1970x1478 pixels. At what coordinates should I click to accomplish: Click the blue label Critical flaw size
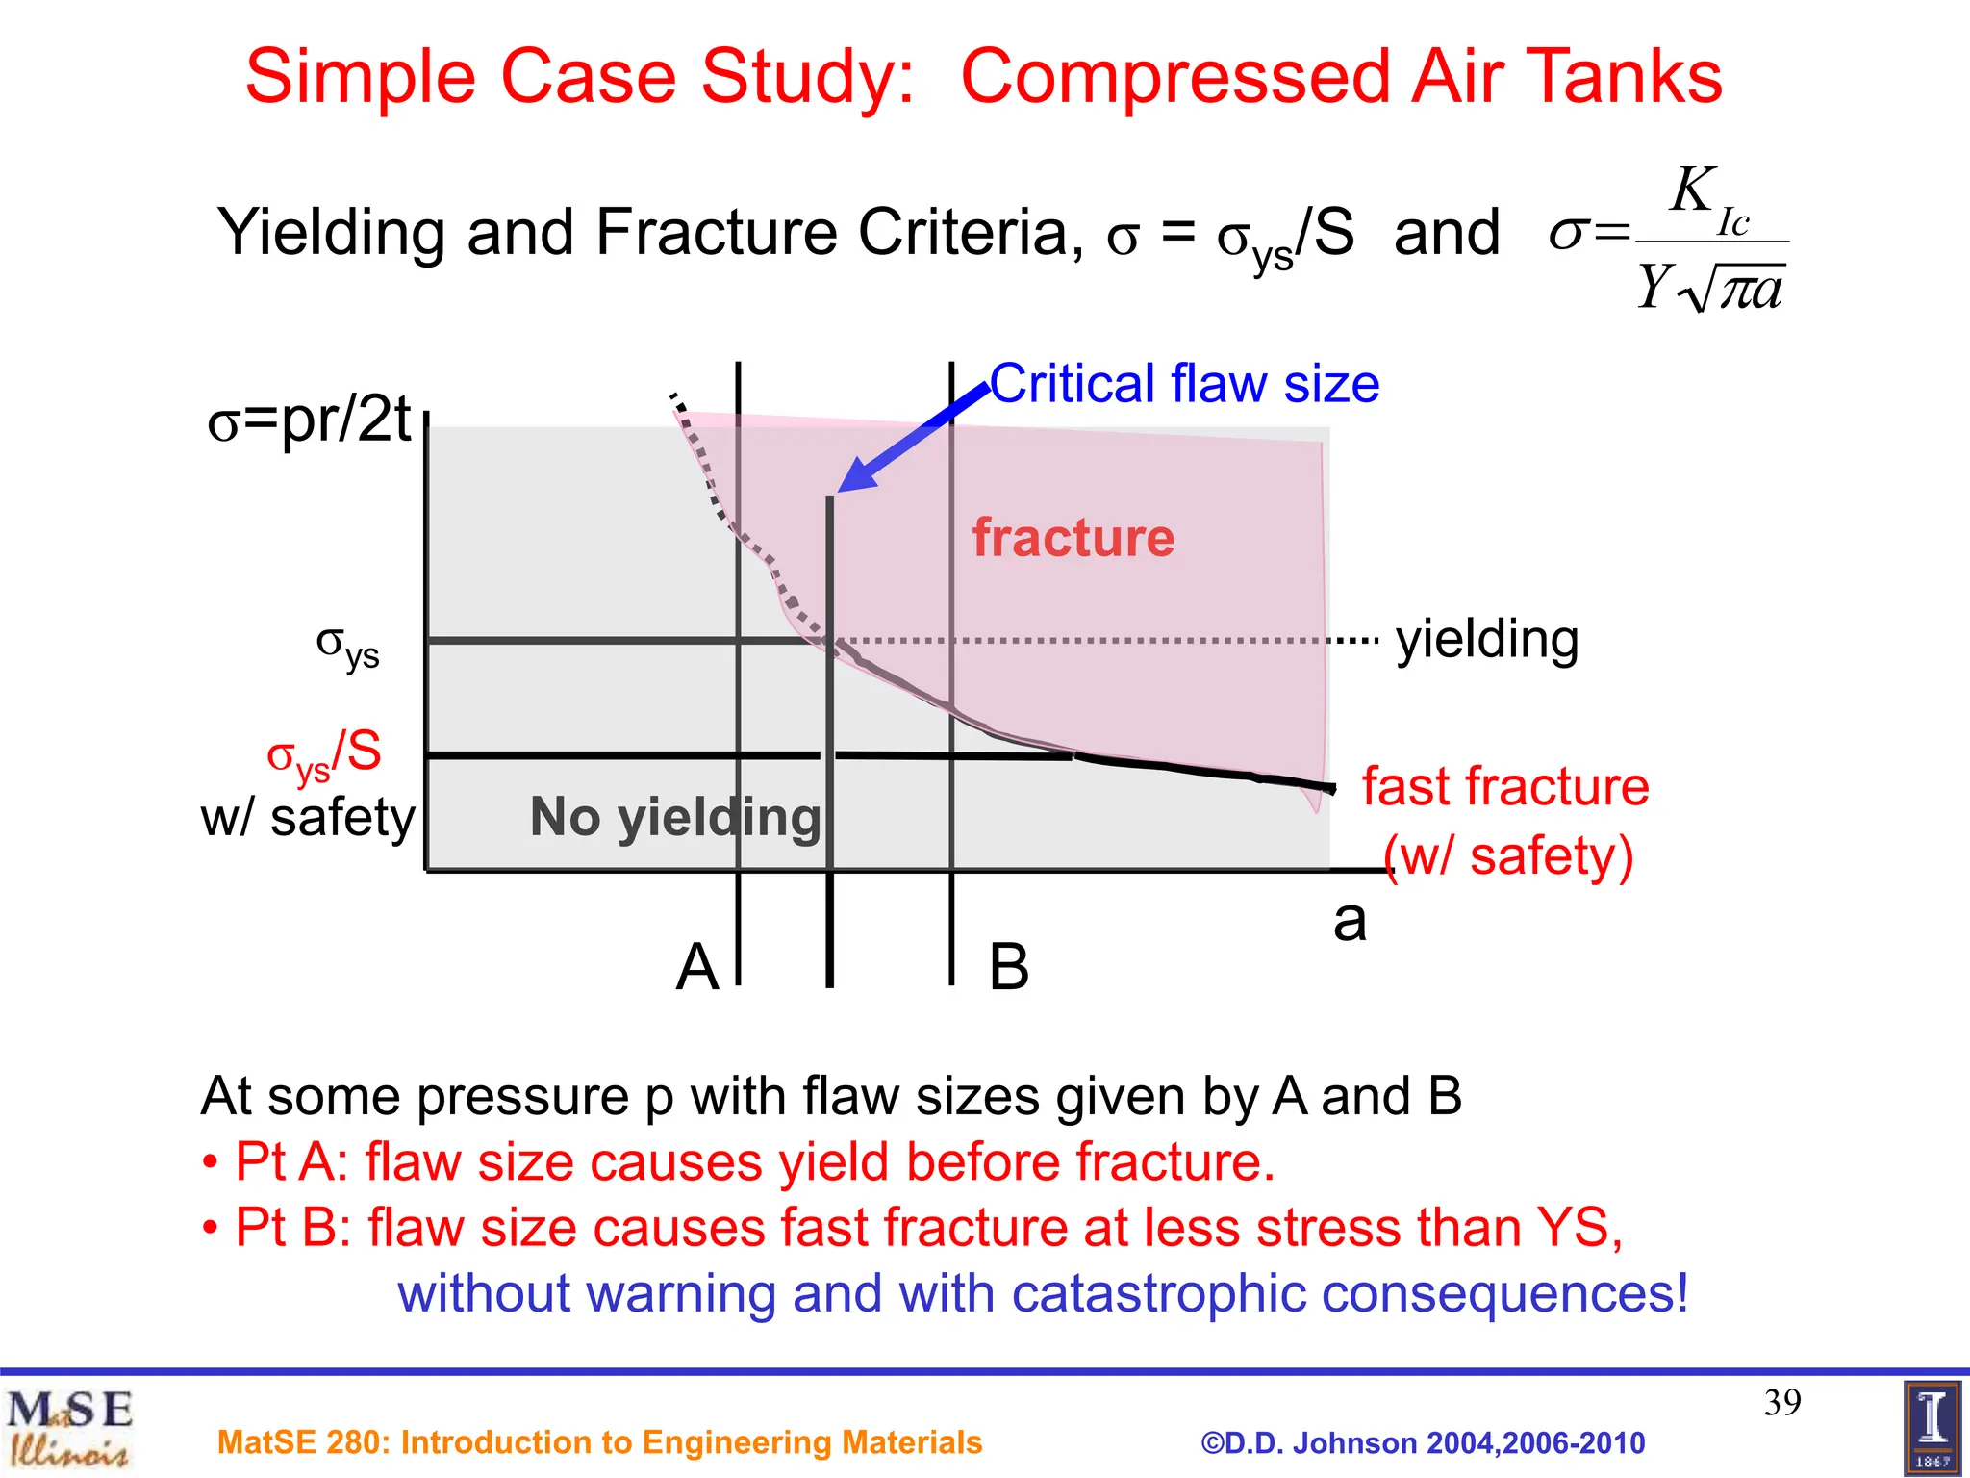click(x=1184, y=384)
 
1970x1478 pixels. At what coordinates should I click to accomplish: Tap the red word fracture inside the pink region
click(x=1073, y=537)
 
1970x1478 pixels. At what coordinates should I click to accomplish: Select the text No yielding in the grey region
click(x=675, y=817)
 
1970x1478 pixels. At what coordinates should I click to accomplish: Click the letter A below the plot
click(x=696, y=966)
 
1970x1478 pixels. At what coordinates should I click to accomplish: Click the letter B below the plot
click(x=1009, y=966)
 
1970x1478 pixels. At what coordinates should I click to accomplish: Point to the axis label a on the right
click(x=1349, y=921)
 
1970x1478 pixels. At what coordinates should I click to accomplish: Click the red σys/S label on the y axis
click(x=324, y=753)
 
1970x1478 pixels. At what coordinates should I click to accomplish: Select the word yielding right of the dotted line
click(x=1487, y=640)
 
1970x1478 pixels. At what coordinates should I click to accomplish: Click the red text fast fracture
click(x=1504, y=786)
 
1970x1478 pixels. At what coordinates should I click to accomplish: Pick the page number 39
click(x=1781, y=1402)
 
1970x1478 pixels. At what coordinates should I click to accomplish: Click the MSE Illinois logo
click(x=69, y=1428)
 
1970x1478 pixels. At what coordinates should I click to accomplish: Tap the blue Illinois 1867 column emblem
click(x=1932, y=1428)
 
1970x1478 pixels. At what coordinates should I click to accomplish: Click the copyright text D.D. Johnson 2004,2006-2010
click(x=1423, y=1442)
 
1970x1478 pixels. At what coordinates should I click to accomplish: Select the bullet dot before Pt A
click(x=210, y=1164)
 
